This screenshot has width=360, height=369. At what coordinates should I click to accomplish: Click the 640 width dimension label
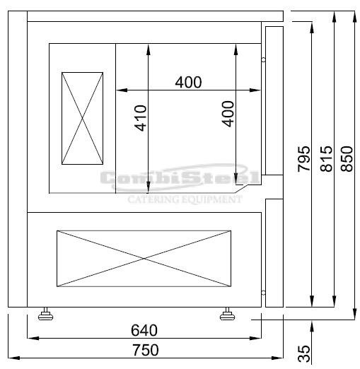pyautogui.click(x=144, y=330)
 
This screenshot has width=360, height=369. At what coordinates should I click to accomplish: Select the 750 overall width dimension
pyautogui.click(x=146, y=350)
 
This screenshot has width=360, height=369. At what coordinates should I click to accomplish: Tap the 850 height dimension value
pyautogui.click(x=347, y=158)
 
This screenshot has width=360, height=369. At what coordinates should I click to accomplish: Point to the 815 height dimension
pyautogui.click(x=326, y=158)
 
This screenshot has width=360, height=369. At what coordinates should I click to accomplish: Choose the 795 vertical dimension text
pyautogui.click(x=303, y=158)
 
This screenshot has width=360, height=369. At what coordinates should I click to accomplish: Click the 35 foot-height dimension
pyautogui.click(x=303, y=353)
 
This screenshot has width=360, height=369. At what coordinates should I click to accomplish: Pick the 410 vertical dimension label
pyautogui.click(x=140, y=118)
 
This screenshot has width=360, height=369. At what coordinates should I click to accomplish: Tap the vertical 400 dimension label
pyautogui.click(x=228, y=114)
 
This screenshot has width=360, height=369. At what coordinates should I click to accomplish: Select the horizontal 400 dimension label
pyautogui.click(x=188, y=82)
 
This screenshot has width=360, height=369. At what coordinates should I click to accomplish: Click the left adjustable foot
pyautogui.click(x=45, y=314)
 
